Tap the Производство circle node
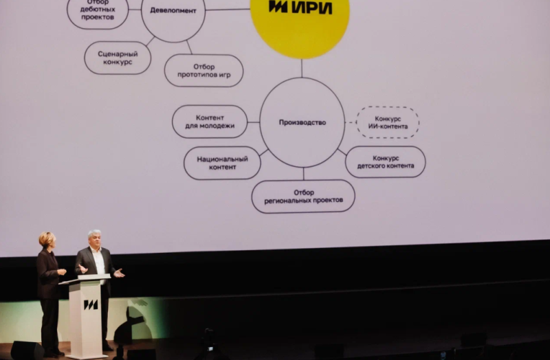pos(302,122)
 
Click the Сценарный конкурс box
pos(118,58)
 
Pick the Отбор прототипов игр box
pos(203,70)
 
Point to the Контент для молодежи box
pos(210,122)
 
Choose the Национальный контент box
pos(222,163)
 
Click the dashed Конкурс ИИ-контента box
pos(387,122)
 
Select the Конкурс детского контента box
pos(385,161)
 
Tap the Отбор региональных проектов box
pos(303,196)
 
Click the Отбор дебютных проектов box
pos(98,12)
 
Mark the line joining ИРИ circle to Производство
pos(302,68)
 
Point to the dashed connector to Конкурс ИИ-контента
pos(350,122)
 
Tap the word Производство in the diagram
pos(302,122)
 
